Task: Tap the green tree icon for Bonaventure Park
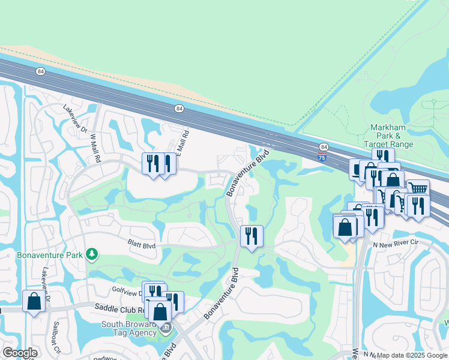pos(91,255)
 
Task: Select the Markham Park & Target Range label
pos(392,136)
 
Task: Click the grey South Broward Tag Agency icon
pos(166,328)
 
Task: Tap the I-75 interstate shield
pos(322,157)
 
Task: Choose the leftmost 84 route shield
pos(40,71)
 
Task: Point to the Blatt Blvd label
pos(141,245)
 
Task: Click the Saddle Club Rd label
pos(119,308)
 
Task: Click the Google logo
pos(19,353)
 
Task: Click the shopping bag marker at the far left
pos(34,301)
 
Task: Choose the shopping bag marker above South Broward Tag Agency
pos(160,311)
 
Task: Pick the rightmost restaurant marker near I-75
pos(418,205)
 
